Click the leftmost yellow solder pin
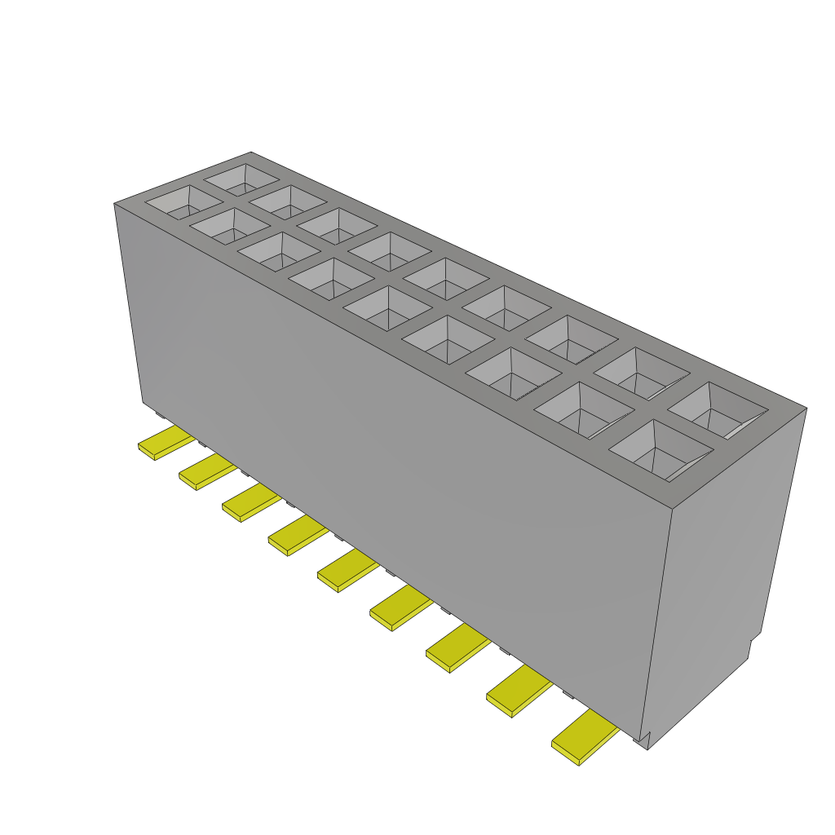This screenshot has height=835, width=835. (x=166, y=442)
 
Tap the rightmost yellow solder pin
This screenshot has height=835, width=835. (x=585, y=737)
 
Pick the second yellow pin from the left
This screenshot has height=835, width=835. (x=207, y=472)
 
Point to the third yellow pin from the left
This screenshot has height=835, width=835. (x=250, y=503)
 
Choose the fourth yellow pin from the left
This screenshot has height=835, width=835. (x=297, y=535)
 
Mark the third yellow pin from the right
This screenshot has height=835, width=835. (x=457, y=647)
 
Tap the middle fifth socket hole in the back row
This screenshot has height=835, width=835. (x=446, y=278)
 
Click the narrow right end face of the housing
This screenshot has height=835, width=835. (x=726, y=571)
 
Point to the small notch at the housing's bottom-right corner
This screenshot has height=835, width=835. (x=644, y=740)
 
